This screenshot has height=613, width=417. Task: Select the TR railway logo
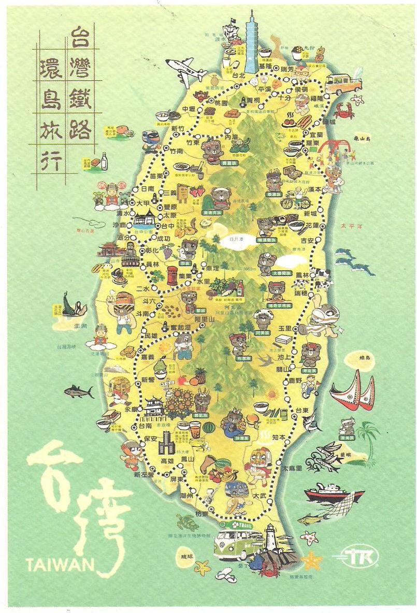tap(362, 557)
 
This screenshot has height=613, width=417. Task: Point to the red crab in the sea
tap(344, 110)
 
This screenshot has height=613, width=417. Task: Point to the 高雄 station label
tap(167, 460)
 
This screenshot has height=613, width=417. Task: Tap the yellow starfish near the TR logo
tap(312, 560)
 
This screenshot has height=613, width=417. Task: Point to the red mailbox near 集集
tap(172, 276)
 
